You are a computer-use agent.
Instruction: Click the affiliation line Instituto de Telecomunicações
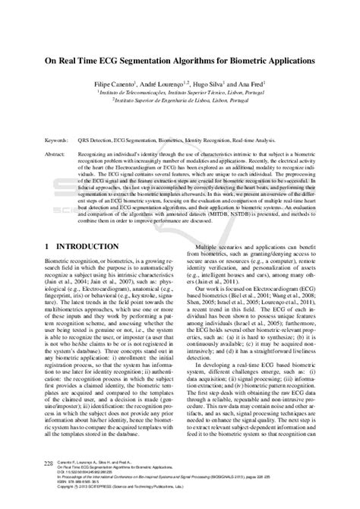pos(181,90)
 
